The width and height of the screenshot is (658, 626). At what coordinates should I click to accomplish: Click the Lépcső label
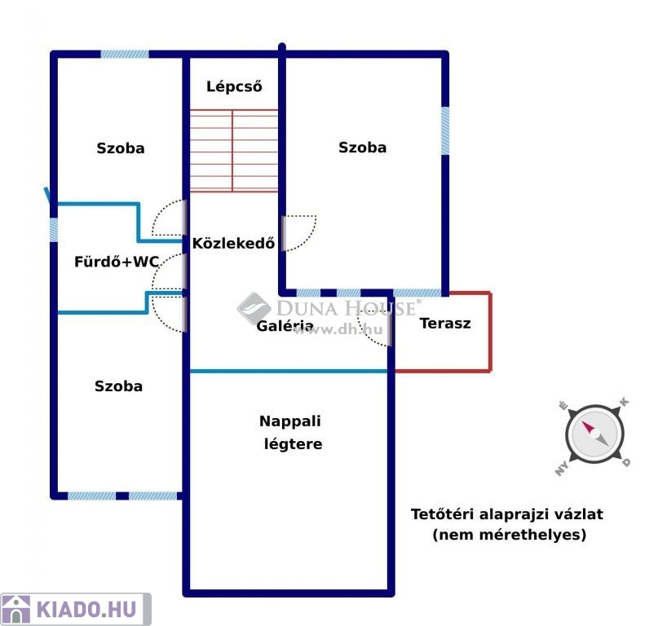click(234, 86)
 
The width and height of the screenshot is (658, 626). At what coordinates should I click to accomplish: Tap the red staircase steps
click(234, 151)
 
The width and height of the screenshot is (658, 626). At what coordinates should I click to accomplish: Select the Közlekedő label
click(233, 242)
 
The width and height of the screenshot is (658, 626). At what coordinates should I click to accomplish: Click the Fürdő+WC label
click(117, 262)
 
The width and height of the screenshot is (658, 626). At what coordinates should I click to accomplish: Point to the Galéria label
click(285, 326)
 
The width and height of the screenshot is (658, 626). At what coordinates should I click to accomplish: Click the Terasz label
click(445, 323)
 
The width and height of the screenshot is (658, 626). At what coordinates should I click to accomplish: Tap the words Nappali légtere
click(291, 433)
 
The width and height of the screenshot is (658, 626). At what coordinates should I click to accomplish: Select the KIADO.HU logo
click(75, 609)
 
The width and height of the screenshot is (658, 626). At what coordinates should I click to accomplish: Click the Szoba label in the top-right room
click(362, 148)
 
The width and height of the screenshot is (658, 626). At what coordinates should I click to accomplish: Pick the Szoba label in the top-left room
click(121, 148)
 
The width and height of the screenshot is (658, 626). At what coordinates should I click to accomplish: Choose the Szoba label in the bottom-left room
click(118, 386)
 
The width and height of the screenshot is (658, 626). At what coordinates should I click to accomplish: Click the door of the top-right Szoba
click(298, 233)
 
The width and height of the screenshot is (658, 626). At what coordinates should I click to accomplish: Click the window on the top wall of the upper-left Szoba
click(125, 55)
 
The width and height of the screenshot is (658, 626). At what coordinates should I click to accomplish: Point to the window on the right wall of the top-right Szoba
click(445, 130)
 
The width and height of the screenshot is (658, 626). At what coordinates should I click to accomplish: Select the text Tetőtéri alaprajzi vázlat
click(507, 514)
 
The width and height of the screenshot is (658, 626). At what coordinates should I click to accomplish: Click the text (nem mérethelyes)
click(509, 536)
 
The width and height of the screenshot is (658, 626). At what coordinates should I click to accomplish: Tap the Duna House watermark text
click(346, 308)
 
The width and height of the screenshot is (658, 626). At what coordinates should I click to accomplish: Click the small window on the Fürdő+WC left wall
click(54, 229)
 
